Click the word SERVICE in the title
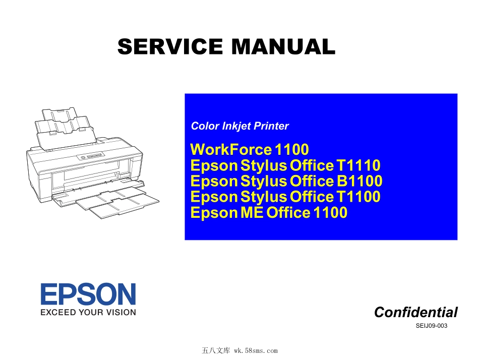[170, 46]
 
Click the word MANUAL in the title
[283, 46]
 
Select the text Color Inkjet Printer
[240, 126]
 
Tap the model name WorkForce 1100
[250, 149]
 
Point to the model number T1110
[358, 165]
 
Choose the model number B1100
[359, 181]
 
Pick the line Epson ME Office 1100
[269, 212]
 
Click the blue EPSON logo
[88, 294]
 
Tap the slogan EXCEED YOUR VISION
[88, 312]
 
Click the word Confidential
[416, 312]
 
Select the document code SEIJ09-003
[431, 326]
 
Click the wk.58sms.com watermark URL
[256, 351]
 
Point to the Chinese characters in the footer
[216, 351]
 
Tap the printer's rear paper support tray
[66, 129]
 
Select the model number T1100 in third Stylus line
[358, 197]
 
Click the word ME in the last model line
[252, 212]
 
